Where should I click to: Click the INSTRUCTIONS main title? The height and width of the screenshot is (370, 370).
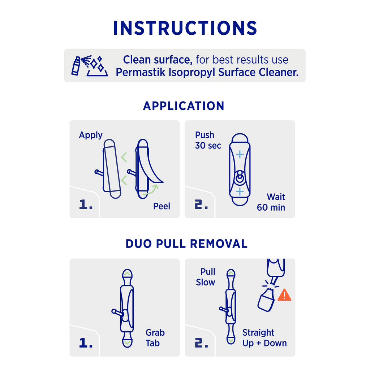tap(185, 28)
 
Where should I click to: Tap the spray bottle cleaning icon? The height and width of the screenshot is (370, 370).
tap(90, 66)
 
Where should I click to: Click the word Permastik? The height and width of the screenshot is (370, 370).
tap(141, 72)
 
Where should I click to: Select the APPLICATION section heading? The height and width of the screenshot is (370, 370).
tap(184, 106)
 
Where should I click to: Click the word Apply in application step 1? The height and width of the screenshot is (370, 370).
tap(91, 135)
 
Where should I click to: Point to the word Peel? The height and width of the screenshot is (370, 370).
tap(162, 206)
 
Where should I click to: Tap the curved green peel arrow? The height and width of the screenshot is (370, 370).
tap(151, 190)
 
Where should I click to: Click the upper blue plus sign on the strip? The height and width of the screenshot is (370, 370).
tap(240, 155)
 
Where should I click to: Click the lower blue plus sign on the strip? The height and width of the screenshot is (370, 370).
tap(240, 192)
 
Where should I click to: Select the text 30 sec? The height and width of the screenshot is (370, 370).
tap(208, 146)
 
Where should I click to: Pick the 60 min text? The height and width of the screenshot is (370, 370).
tap(271, 207)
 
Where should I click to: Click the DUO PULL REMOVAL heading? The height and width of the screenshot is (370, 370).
tap(186, 244)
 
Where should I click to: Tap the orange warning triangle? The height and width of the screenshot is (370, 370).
tap(284, 295)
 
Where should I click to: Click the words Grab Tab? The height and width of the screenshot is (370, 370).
tap(155, 338)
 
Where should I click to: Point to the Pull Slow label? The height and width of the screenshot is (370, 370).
tap(206, 277)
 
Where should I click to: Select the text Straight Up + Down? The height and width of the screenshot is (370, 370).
tap(264, 338)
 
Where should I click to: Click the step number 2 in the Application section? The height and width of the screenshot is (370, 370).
tap(201, 205)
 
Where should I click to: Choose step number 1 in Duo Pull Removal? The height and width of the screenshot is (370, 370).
tap(86, 343)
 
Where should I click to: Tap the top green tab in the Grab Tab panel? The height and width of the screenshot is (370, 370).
tap(127, 274)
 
